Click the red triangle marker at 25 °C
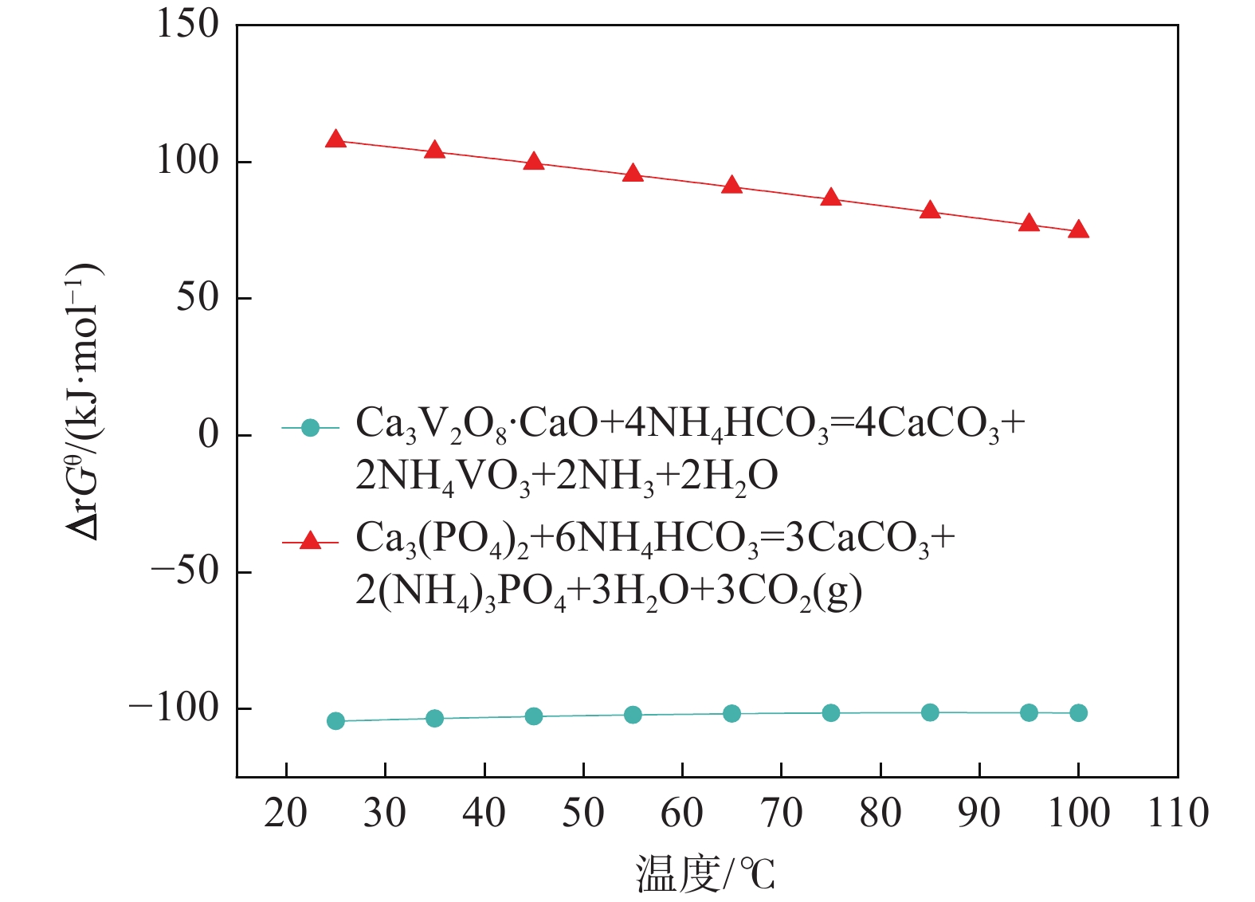coord(335,140)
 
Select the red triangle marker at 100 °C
coord(1078,230)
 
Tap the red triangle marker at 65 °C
coord(731,186)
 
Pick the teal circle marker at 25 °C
coord(335,721)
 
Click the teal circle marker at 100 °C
coord(1078,713)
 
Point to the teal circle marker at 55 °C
coord(633,715)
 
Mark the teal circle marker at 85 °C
coord(930,712)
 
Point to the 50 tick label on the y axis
coord(197,298)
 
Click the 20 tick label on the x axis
coord(285,814)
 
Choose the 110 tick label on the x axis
coord(1178,814)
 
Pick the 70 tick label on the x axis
coord(781,814)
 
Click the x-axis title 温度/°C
coord(705,873)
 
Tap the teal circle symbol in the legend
coord(311,428)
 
